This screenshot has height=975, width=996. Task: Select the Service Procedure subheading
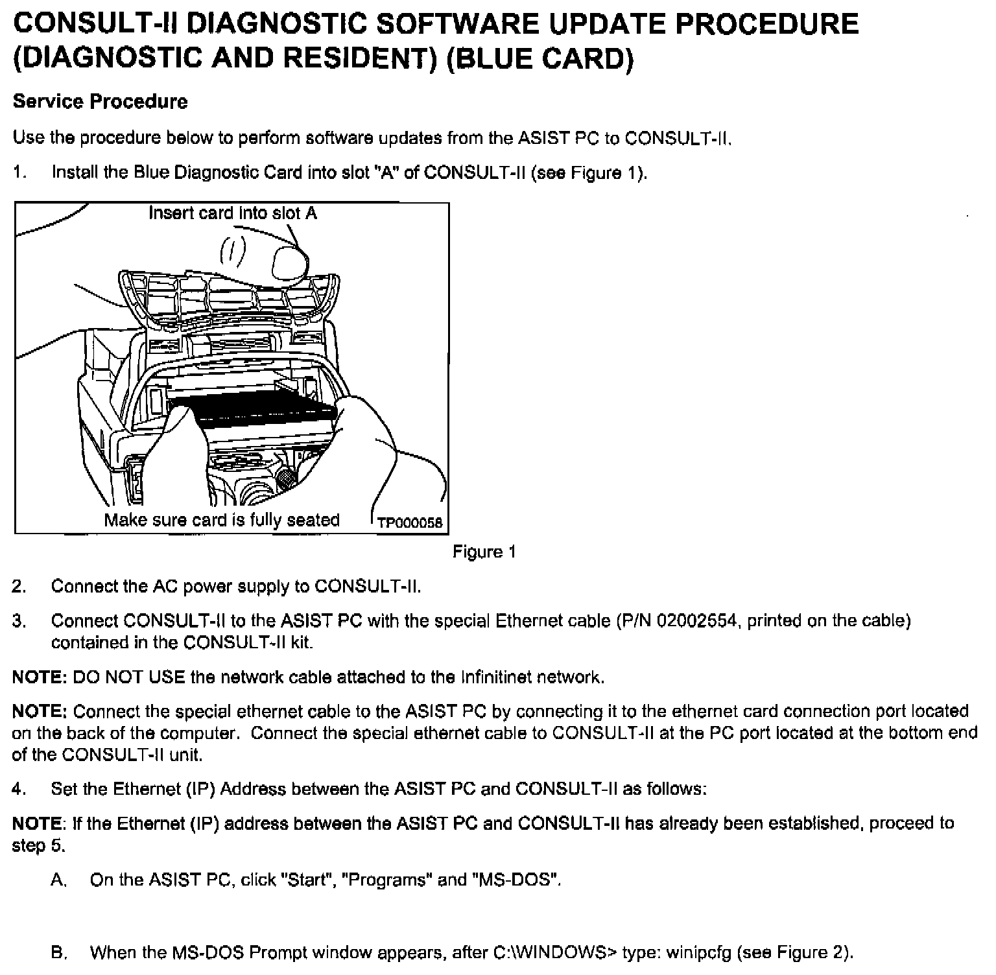[101, 102]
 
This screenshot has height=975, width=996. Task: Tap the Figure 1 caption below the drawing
[484, 552]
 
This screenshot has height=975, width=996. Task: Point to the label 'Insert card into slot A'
[233, 213]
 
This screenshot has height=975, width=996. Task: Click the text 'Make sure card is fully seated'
[222, 520]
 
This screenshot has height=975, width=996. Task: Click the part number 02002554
[698, 621]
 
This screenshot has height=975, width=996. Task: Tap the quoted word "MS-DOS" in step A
[517, 880]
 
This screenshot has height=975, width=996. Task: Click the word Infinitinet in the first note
[498, 677]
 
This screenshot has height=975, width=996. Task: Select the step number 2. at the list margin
[19, 587]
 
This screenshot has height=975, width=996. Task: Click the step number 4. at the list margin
[19, 789]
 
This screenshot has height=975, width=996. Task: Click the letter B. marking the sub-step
[59, 953]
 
